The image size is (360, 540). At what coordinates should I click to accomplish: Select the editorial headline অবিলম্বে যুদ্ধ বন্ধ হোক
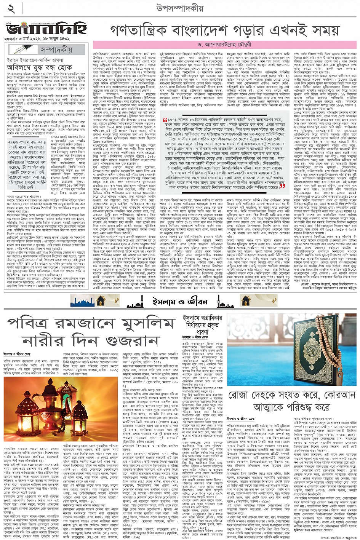click(43, 67)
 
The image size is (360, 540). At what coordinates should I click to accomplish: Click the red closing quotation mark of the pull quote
click(282, 186)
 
